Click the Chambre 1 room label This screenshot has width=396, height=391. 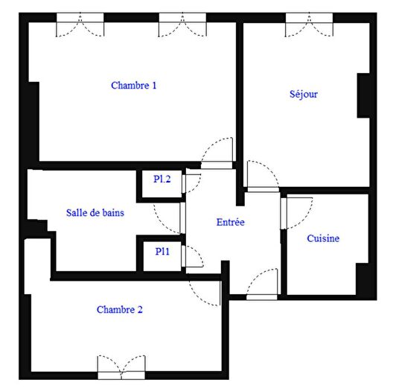[133, 86]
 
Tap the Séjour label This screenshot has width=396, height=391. [303, 95]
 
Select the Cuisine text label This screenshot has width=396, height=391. [323, 238]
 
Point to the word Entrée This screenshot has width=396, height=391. [231, 222]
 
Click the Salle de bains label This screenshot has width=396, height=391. [95, 212]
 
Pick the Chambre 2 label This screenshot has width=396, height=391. [119, 309]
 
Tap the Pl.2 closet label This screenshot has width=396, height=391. [162, 179]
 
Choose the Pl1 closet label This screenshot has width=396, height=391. [162, 252]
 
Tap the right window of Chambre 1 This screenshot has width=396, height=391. [182, 26]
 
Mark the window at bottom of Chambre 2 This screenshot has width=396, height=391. [121, 366]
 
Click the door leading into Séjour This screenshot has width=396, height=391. [261, 176]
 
